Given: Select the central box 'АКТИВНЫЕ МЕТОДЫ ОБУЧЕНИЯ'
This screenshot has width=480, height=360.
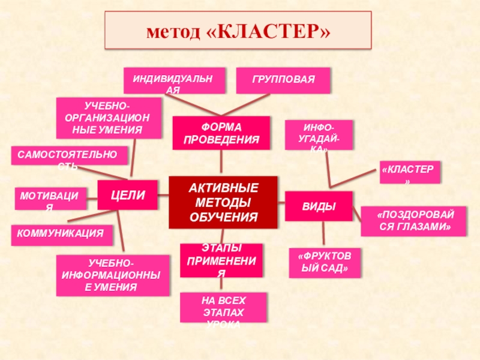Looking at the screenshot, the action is coord(223,202).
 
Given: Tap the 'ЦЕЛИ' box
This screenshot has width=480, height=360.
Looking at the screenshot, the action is coord(127,194).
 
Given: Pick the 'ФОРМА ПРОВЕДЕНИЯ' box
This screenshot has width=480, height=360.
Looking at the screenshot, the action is coord(221,133).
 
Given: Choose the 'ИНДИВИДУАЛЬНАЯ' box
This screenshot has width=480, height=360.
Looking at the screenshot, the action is coord(175,80).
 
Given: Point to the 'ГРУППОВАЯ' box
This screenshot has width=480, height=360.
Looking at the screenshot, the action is coord(283,80).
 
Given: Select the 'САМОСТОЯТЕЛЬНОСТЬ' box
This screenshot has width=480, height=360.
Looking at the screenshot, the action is coord(70,155).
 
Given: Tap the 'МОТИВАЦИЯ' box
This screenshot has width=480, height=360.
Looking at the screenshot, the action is coord(50,198).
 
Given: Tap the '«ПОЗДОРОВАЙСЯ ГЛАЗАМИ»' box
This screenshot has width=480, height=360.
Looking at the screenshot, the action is coord(413,221).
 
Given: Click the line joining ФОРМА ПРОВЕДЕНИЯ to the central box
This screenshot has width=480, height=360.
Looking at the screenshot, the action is coord(221,163).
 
